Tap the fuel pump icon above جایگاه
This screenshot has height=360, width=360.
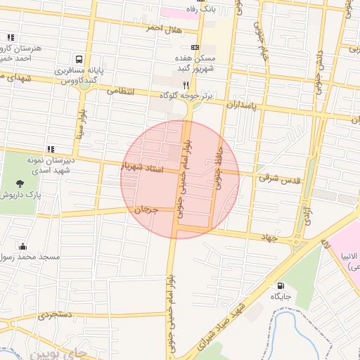[282, 286]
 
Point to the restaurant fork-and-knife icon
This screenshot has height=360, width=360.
[186, 84]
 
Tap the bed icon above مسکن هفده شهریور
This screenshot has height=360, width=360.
[195, 47]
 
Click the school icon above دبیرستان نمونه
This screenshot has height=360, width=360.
[50, 149]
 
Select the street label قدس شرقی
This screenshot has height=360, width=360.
[279, 179]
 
